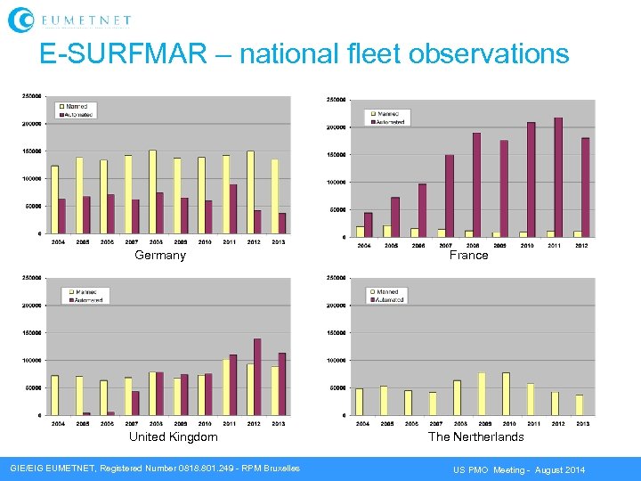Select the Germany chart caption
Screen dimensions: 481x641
click(160, 256)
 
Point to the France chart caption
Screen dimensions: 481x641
click(468, 256)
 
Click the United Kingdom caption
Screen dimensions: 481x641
click(173, 437)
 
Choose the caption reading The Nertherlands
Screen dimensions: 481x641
click(475, 437)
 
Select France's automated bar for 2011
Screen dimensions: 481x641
click(558, 177)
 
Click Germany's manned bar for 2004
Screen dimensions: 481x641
click(54, 200)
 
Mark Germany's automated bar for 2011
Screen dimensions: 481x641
click(233, 208)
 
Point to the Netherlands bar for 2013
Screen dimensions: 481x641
click(579, 405)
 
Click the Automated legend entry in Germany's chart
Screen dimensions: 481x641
click(77, 114)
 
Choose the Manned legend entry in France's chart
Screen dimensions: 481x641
click(384, 114)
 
